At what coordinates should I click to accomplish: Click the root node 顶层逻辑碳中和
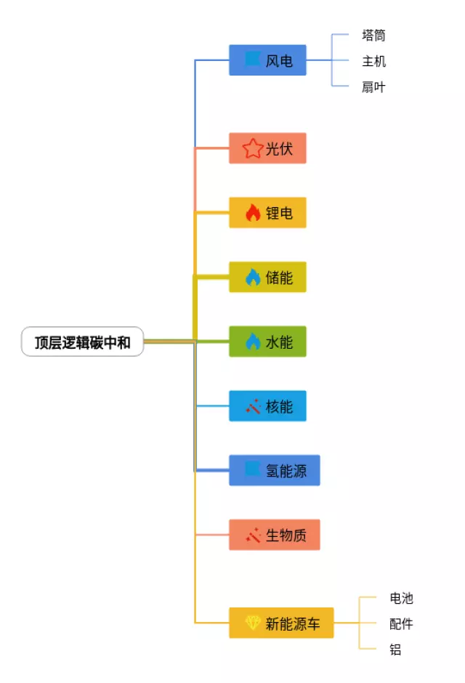83,342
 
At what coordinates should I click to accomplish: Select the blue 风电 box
267,60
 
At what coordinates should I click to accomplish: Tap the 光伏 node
267,149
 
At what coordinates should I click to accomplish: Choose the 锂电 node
267,213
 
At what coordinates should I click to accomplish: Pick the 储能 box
267,278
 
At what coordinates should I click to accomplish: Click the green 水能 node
267,341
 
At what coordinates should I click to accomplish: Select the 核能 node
267,406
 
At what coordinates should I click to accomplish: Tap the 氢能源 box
274,471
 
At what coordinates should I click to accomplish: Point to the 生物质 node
274,536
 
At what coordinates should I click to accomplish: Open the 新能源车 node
281,623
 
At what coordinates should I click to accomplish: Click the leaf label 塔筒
373,35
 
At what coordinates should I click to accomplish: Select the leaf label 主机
373,61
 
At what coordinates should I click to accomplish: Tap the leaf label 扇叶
373,87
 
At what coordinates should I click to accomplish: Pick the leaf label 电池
401,598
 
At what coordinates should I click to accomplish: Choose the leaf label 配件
401,624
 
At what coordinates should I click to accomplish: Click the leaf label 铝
395,650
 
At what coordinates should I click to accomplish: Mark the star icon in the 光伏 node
252,149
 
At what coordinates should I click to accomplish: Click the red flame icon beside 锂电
252,213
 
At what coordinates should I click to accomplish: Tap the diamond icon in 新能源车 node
252,623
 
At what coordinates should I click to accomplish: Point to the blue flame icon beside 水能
252,341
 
